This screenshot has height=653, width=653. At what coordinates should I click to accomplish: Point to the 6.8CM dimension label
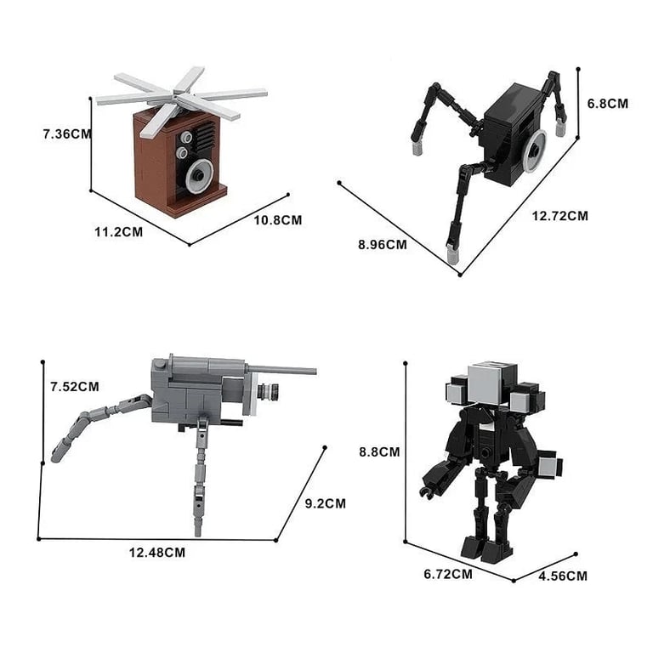[609, 103]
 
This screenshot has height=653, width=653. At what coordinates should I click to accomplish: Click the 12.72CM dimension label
[560, 216]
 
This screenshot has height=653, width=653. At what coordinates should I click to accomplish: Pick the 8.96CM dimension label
[383, 244]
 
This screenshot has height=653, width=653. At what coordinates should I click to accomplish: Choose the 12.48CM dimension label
[157, 552]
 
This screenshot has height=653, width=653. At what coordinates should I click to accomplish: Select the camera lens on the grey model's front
[270, 393]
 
